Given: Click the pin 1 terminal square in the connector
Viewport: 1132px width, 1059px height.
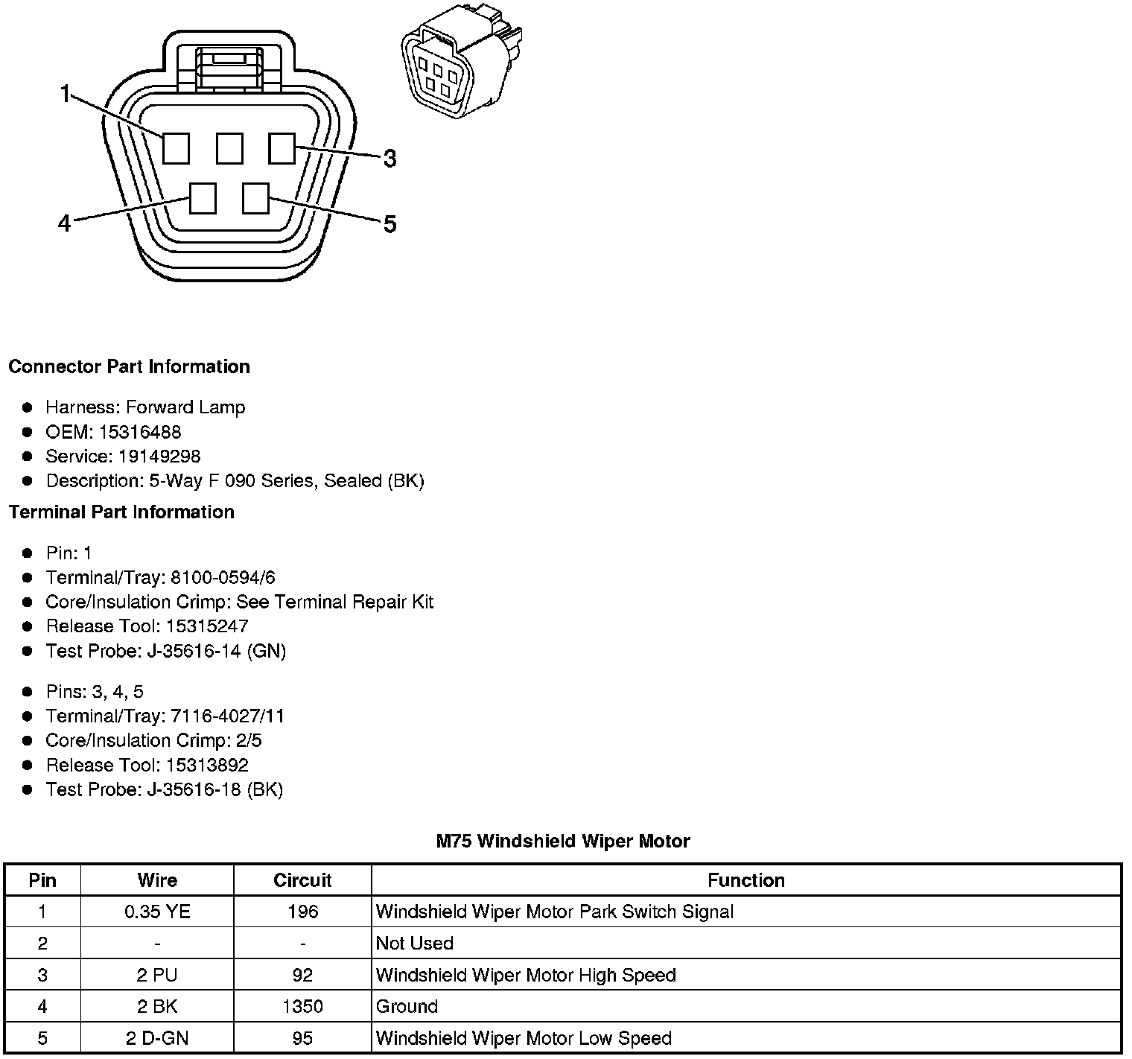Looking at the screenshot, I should [x=176, y=148].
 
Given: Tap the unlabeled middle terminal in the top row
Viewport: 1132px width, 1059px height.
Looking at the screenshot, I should [x=229, y=148].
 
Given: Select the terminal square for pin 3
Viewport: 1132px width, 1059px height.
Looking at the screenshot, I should [x=282, y=148].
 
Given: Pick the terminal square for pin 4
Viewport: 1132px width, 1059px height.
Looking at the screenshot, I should [x=203, y=199].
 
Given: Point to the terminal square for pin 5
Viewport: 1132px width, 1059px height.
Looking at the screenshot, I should [x=255, y=199].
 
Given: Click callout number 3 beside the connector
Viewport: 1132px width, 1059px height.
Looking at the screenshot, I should [x=389, y=159].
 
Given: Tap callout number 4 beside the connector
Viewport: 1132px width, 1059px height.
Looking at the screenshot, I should [x=65, y=223].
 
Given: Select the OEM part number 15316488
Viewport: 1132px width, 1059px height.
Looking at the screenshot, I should [x=140, y=432].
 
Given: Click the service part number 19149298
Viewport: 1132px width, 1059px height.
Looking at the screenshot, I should [x=159, y=457].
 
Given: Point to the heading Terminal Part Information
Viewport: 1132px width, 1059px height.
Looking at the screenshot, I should [x=121, y=512].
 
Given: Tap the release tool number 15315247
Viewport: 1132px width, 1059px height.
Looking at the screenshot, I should [x=207, y=626].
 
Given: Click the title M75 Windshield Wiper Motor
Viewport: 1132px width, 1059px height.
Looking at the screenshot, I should [x=563, y=842].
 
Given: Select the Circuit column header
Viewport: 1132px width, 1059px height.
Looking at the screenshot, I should [x=302, y=880].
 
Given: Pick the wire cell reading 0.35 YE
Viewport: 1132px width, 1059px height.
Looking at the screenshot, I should [x=157, y=912].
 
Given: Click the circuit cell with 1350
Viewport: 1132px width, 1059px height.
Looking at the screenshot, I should [x=302, y=1007].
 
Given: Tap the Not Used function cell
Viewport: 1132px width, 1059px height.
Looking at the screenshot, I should [x=415, y=944].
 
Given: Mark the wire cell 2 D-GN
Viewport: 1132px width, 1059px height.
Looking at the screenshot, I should [x=157, y=1038].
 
